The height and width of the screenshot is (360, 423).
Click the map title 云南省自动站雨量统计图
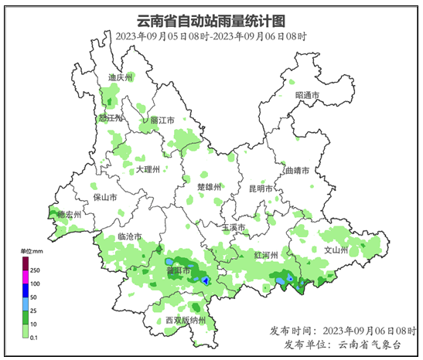[211, 19]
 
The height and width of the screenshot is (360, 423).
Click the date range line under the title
[211, 36]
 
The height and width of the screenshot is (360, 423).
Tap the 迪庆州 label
[121, 78]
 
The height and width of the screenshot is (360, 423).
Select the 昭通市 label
[307, 95]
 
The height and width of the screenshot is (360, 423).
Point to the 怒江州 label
[111, 118]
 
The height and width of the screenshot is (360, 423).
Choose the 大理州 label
[147, 169]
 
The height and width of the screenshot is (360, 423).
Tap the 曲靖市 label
[297, 170]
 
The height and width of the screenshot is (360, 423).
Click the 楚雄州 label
[210, 187]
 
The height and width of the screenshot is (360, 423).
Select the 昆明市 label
[261, 188]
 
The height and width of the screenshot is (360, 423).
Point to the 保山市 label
[105, 197]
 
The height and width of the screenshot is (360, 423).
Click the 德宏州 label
[70, 214]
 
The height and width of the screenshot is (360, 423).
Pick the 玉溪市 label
[233, 228]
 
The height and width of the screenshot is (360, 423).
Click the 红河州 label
[265, 254]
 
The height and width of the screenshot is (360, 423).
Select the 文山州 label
[336, 250]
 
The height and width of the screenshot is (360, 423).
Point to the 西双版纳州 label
[186, 320]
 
